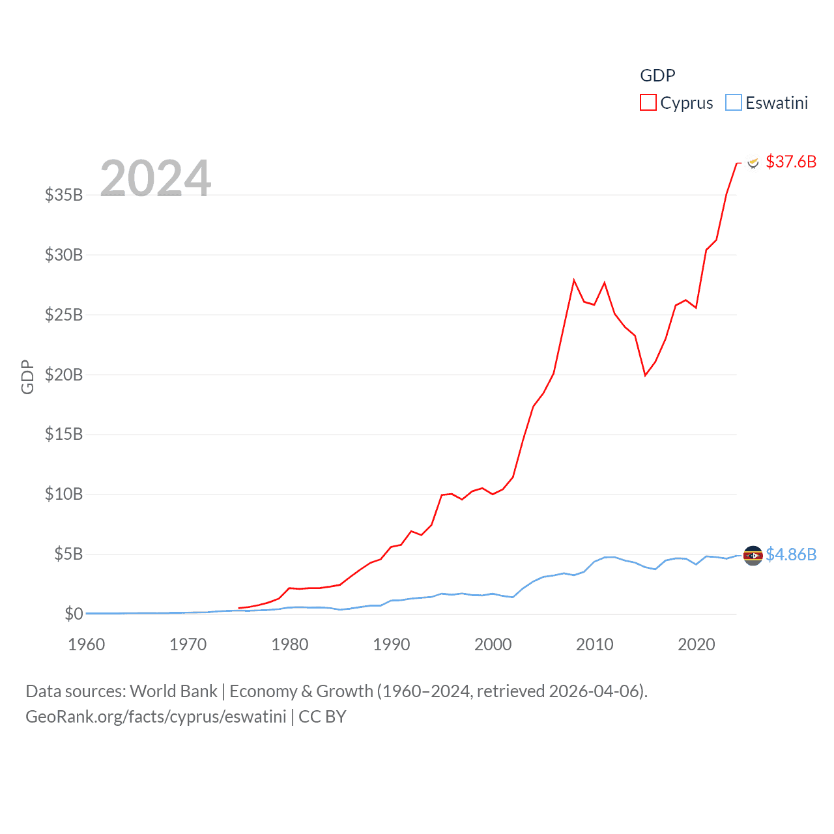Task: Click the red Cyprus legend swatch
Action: click(648, 103)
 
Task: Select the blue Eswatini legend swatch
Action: click(734, 103)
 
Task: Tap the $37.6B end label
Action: click(791, 162)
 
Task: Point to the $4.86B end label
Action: click(791, 554)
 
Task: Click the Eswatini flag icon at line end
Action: click(753, 556)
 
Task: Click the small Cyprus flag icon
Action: click(753, 162)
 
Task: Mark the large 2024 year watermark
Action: click(156, 179)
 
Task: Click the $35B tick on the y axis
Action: click(64, 195)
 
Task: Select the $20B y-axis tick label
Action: click(64, 375)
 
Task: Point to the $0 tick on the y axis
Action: click(74, 614)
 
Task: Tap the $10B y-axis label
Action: click(64, 494)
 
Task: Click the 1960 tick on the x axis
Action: click(87, 644)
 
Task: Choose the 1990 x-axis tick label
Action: click(392, 644)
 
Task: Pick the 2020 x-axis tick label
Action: click(697, 644)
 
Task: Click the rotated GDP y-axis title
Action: click(27, 377)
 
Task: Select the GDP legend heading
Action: click(657, 76)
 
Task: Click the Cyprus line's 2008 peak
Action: click(574, 280)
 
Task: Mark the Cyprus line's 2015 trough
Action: click(645, 375)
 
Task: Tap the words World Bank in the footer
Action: click(173, 691)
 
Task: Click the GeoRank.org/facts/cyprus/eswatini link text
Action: click(156, 717)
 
